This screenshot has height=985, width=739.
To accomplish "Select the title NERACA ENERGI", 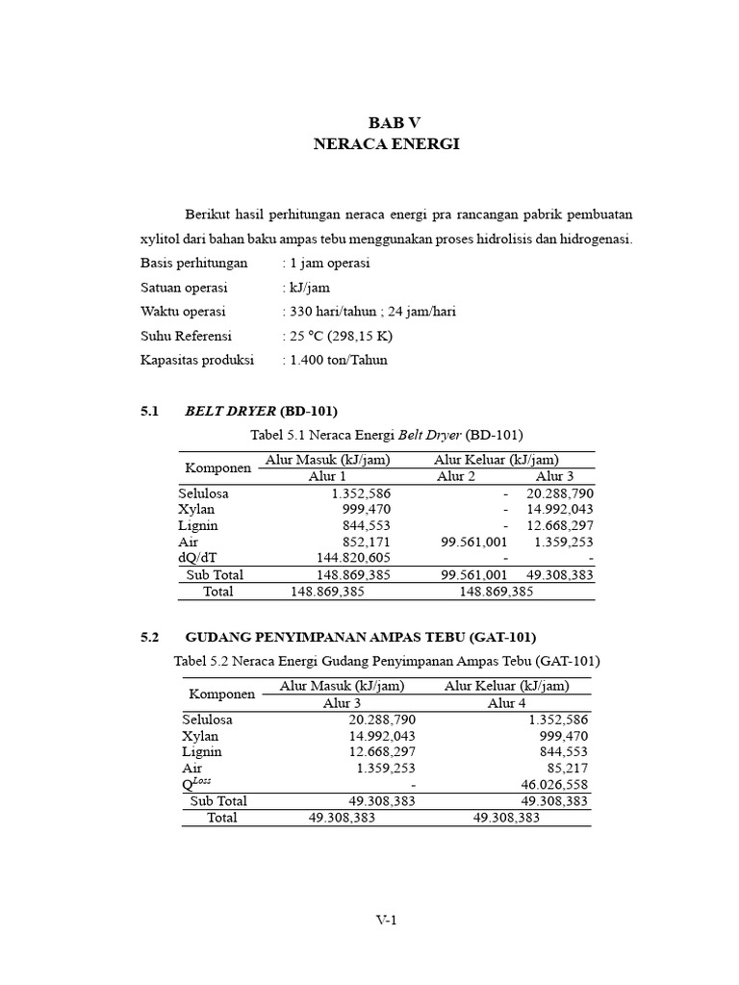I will point(387,143).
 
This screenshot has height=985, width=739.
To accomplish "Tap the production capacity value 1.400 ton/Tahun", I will point(337,360).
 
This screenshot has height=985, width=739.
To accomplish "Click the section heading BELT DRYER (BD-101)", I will point(261,411).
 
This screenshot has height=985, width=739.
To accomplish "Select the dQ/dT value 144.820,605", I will point(353,558).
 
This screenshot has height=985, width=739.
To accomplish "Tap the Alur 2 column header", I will point(456,477).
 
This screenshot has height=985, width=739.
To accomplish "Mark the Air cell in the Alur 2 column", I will point(473,542).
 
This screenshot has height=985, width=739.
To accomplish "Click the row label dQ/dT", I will point(199,558).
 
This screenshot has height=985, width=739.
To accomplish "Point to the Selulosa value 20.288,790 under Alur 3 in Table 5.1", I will point(560,492).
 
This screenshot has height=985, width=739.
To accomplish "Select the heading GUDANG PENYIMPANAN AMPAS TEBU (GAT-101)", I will point(360,637).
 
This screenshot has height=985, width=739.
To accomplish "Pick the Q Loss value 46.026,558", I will point(554,785).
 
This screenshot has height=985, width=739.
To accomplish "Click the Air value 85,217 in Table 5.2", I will point(567,769).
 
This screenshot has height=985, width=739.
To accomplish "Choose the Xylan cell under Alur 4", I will point(564,736).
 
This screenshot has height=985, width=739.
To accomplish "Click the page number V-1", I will point(386,920).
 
